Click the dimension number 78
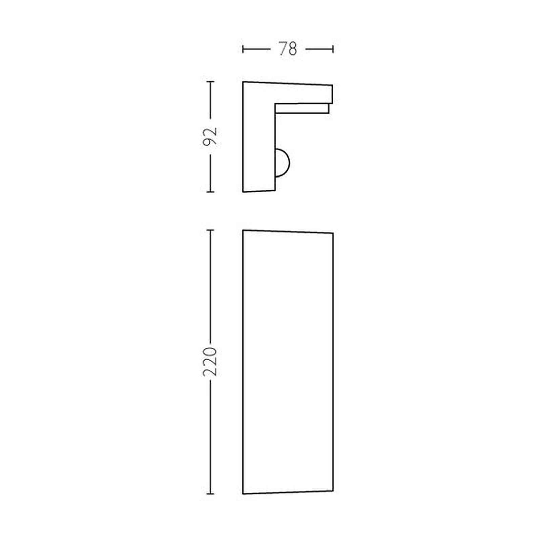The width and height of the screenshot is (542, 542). click(x=288, y=49)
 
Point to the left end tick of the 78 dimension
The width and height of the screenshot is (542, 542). click(x=243, y=49)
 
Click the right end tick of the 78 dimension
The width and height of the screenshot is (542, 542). click(x=333, y=49)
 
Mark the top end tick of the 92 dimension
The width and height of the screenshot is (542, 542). click(x=210, y=82)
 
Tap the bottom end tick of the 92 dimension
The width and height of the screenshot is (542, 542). click(x=210, y=192)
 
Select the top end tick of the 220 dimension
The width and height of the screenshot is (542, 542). click(x=210, y=230)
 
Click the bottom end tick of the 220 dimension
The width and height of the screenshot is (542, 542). click(x=210, y=494)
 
